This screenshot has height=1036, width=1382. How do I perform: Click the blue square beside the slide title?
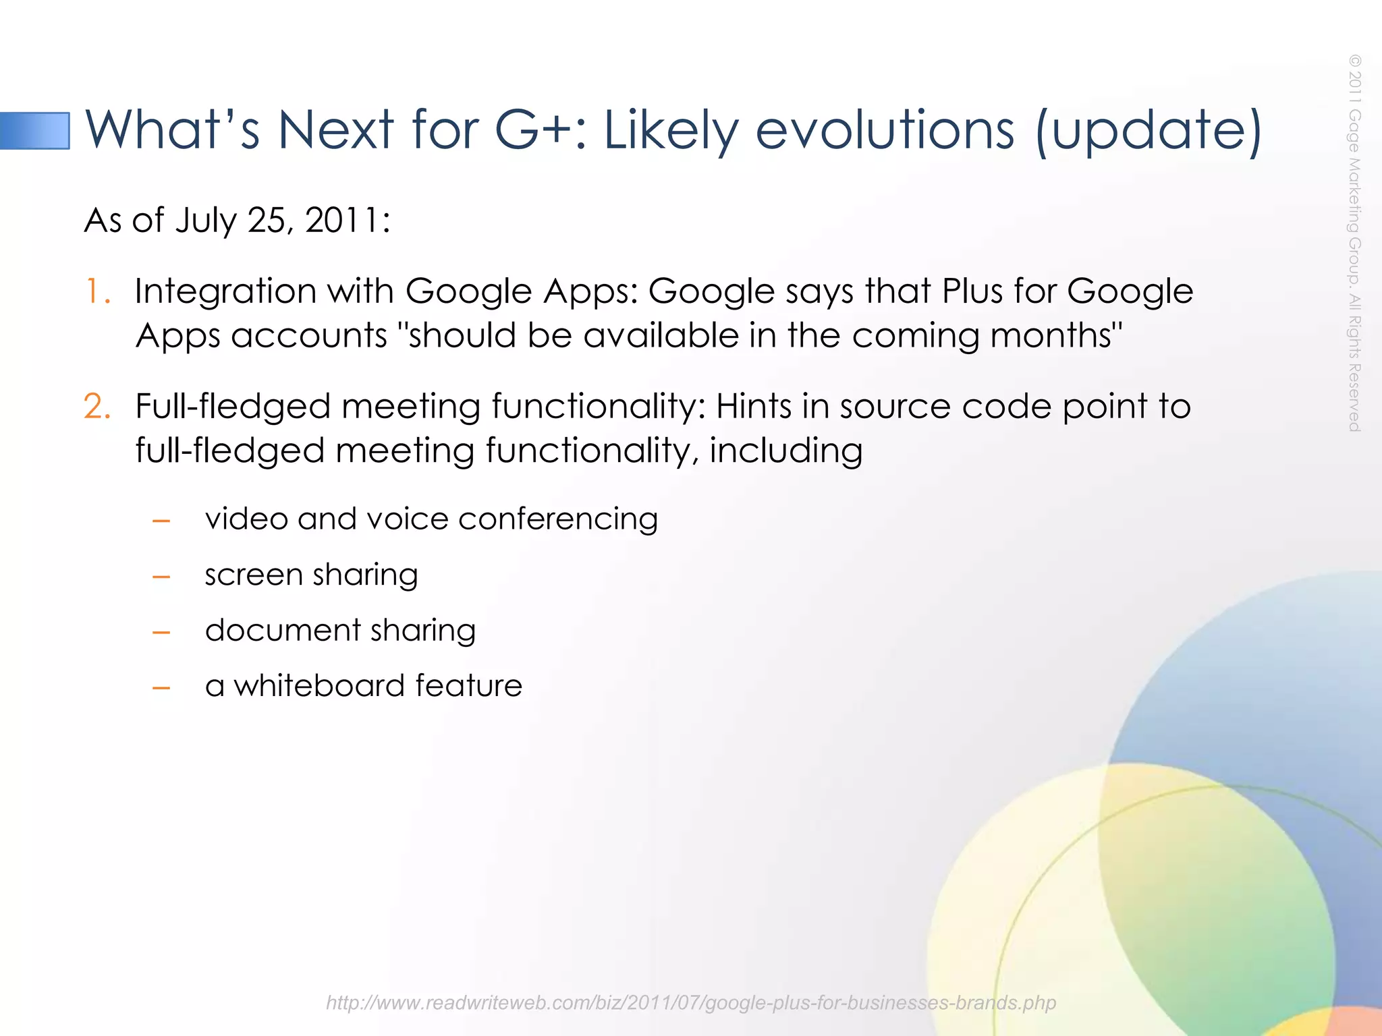(x=35, y=131)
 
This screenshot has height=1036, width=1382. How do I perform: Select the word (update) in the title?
(x=1148, y=131)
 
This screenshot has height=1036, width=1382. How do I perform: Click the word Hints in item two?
(x=753, y=407)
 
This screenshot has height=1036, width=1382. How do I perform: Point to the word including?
(x=785, y=451)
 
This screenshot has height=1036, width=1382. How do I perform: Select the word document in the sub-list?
(x=282, y=631)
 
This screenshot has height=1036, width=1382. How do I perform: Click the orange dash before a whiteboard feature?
(x=161, y=689)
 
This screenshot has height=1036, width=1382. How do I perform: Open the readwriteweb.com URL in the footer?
(x=690, y=1003)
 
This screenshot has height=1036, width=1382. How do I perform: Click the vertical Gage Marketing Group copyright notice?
(x=1354, y=243)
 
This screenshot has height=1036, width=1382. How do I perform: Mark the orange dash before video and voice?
(x=161, y=521)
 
